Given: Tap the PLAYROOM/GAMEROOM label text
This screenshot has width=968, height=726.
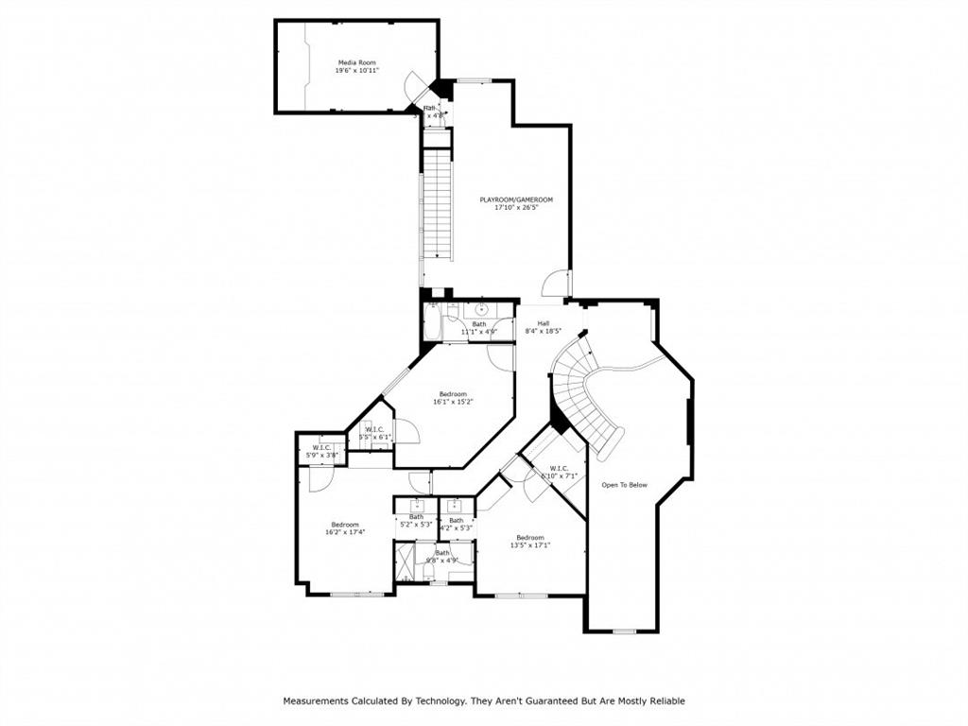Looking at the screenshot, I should coord(515,199).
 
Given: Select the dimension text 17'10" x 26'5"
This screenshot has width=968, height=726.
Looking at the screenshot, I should coord(515,208).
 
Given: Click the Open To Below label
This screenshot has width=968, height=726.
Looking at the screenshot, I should coord(625,485).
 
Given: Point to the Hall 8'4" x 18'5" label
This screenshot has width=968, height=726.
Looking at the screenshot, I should coord(544,327).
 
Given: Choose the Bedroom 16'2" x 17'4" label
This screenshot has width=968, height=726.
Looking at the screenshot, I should coord(344,528).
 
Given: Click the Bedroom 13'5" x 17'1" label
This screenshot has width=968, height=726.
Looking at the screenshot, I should coord(529,541).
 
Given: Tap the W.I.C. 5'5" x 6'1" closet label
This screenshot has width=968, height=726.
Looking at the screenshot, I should coord(374,433).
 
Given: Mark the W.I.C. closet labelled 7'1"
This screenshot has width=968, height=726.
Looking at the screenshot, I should coord(558,471).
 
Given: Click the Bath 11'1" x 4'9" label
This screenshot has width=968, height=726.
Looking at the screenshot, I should coord(479,328).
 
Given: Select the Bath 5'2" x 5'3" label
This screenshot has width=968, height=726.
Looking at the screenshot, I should coord(416,520).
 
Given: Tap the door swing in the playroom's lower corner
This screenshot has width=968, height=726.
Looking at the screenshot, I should coord(558,282).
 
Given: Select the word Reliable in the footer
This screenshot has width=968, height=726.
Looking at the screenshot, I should coord(665,701).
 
